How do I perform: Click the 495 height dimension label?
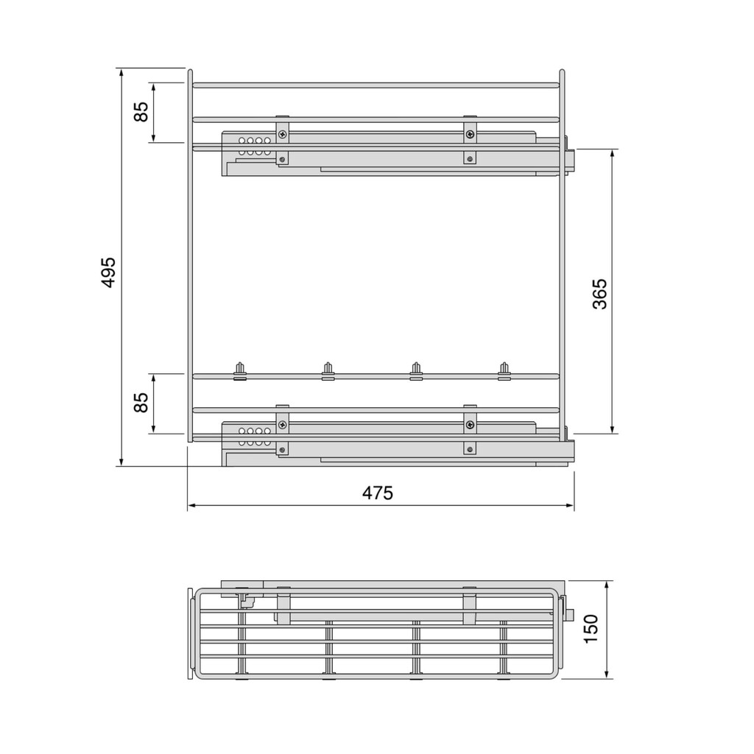pyautogui.click(x=109, y=272)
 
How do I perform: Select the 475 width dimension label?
pyautogui.click(x=378, y=493)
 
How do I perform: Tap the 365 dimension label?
pyautogui.click(x=600, y=294)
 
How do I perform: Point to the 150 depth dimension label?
pyautogui.click(x=591, y=629)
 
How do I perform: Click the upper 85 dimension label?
pyautogui.click(x=141, y=112)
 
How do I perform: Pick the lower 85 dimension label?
pyautogui.click(x=141, y=403)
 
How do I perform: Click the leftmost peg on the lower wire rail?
pyautogui.click(x=239, y=371)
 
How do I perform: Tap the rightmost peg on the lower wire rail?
pyautogui.click(x=504, y=371)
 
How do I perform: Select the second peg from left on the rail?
pyautogui.click(x=328, y=371)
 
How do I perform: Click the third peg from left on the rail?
pyautogui.click(x=416, y=371)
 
